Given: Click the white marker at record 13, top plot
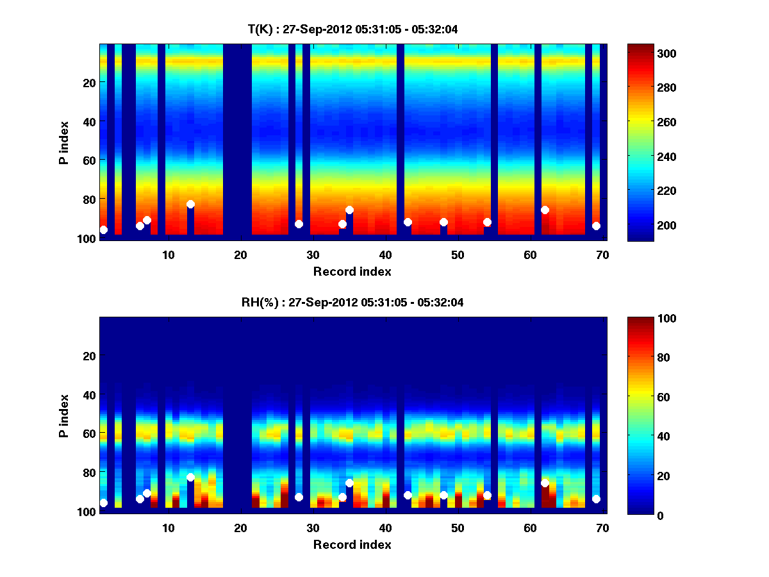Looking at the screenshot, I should (190, 205).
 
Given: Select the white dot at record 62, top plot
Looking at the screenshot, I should (545, 210).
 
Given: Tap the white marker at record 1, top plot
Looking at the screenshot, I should (104, 230).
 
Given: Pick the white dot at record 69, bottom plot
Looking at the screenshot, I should (596, 499).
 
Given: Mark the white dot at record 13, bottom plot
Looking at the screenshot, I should (190, 477).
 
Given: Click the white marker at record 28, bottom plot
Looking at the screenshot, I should (299, 497).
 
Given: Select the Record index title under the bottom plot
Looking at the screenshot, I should (352, 544).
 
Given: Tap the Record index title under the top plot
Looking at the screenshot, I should (352, 271).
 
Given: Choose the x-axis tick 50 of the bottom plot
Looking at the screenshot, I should (458, 527).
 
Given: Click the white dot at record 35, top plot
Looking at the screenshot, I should (349, 210).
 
